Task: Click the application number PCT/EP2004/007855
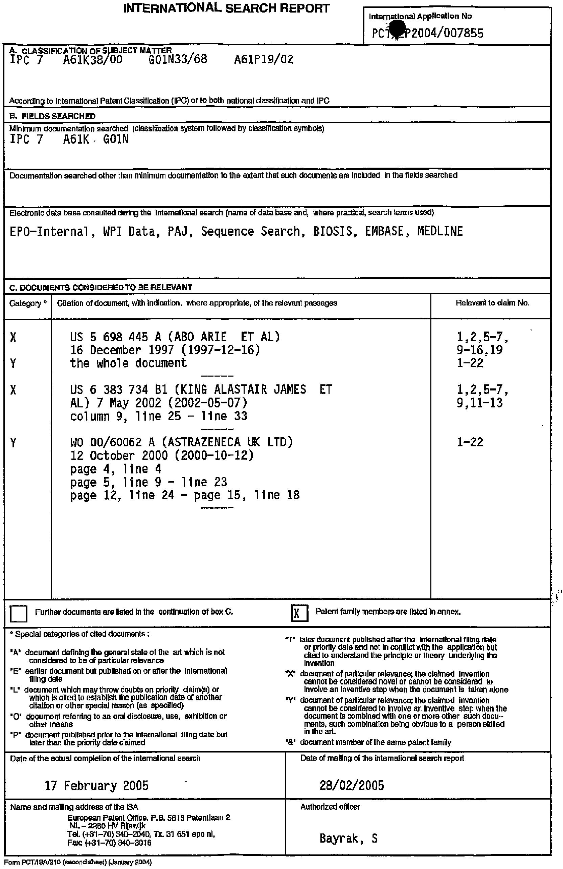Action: point(428,33)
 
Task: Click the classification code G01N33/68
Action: point(178,60)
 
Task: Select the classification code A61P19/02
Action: point(264,60)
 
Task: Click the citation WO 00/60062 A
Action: point(113,443)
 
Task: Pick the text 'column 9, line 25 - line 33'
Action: point(159,416)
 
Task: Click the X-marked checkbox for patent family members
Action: point(299,613)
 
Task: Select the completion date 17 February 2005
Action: point(96,785)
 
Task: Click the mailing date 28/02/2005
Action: point(352,785)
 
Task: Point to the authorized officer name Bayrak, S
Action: point(348,838)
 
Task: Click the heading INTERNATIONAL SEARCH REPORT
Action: point(226,8)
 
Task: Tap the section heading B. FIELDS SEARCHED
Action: point(52,116)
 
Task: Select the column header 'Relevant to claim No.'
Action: point(492,303)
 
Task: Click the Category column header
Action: point(28,303)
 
